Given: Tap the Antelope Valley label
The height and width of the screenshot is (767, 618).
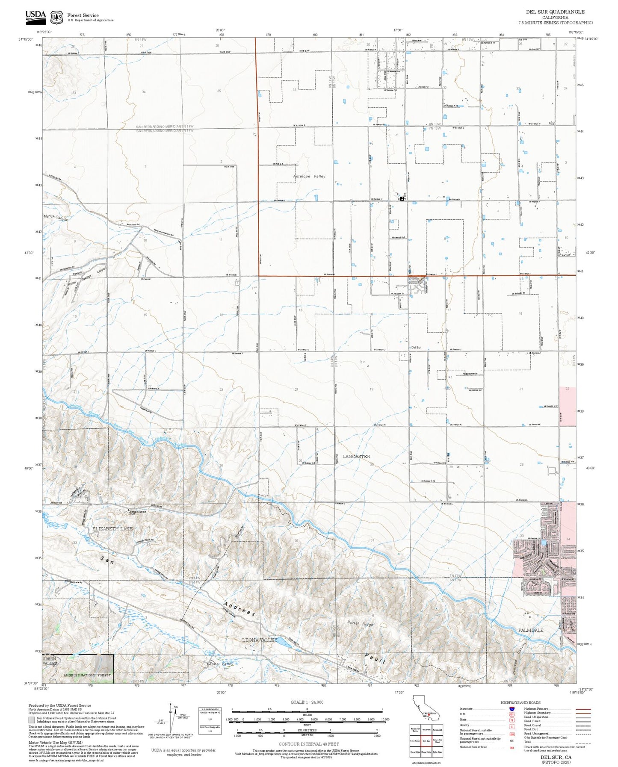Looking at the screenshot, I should click(x=309, y=176).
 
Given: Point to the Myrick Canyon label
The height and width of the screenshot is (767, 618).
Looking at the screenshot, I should click(x=56, y=217).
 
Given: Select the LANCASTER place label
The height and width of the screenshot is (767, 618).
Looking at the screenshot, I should click(x=356, y=457).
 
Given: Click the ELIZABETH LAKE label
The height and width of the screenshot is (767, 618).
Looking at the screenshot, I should click(x=112, y=529).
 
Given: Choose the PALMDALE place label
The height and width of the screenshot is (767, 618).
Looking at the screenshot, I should click(x=530, y=630).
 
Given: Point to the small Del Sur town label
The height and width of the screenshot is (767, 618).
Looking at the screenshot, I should click(x=416, y=348).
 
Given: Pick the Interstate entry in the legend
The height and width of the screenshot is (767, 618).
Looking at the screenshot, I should click(x=466, y=709).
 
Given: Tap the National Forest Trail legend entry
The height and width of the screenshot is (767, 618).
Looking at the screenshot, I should click(x=473, y=747).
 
